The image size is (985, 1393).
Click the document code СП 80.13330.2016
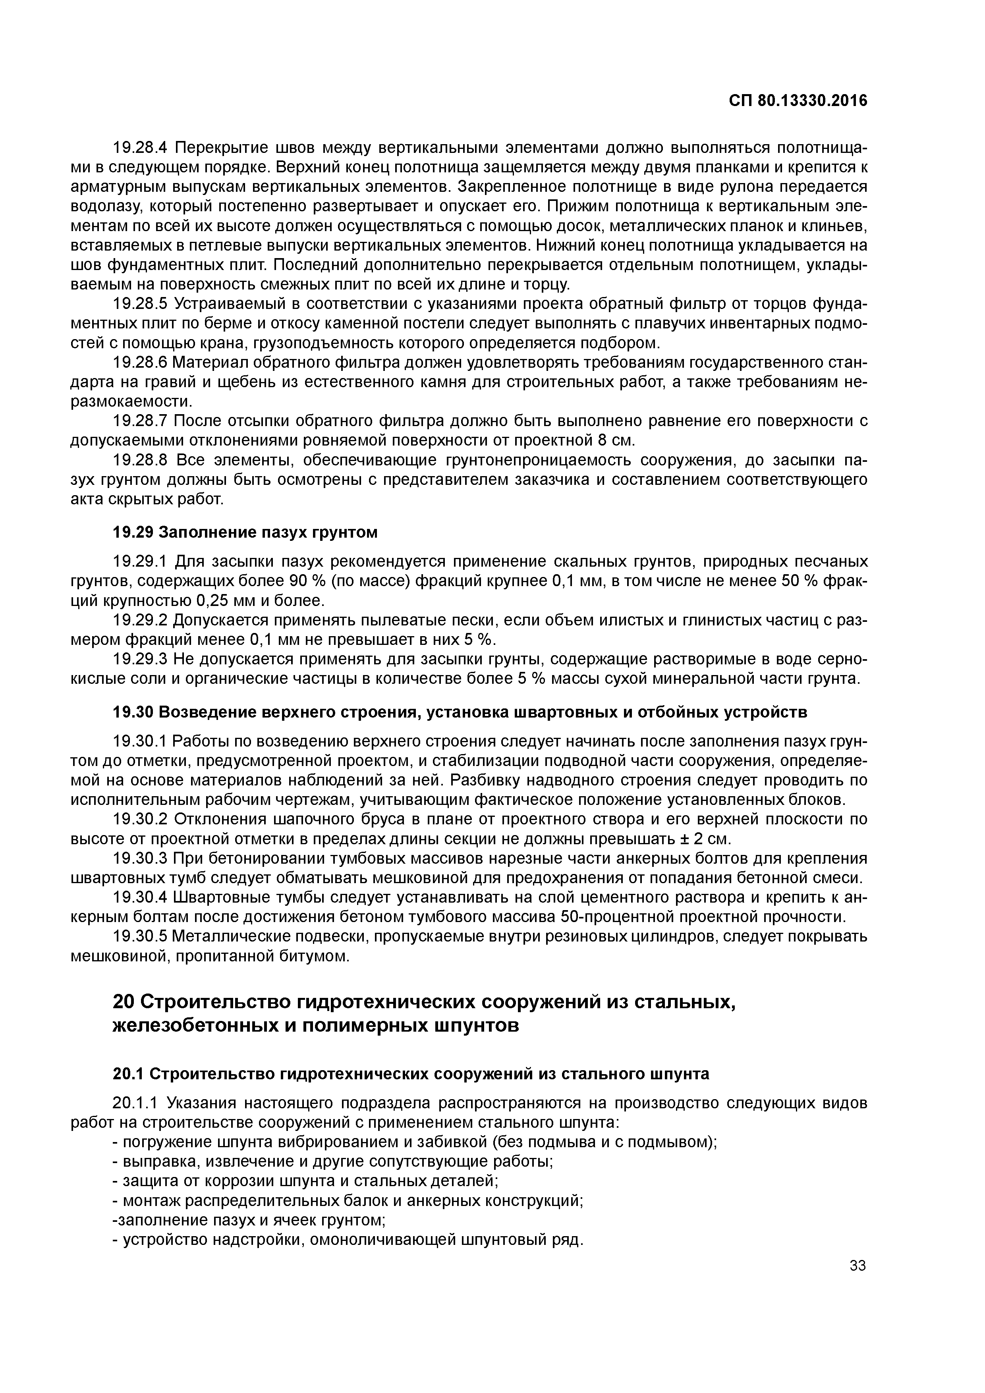click(798, 101)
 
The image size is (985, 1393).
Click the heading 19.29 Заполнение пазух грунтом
click(245, 532)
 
